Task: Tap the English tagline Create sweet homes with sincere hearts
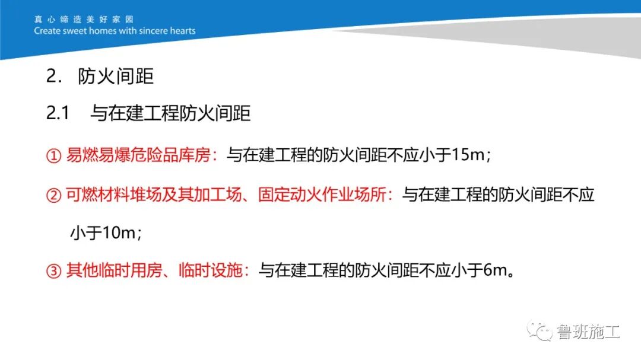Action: [115, 31]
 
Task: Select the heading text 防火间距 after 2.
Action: [116, 78]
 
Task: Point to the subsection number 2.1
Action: [58, 113]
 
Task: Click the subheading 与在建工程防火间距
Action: [170, 113]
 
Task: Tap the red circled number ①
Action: [54, 156]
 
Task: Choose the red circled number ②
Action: [54, 195]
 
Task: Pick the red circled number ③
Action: [54, 272]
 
